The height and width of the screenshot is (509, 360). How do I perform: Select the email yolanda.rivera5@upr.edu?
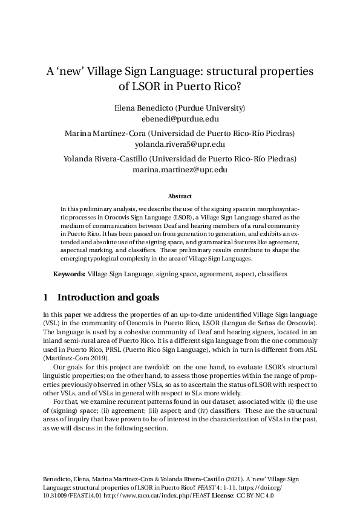coord(180,144)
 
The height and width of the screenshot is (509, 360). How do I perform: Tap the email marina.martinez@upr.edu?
coord(180,170)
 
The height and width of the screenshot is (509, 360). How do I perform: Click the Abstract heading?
coord(180,196)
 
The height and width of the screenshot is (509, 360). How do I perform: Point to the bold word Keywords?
coord(69,274)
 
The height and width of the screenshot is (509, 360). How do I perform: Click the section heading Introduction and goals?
coord(107,297)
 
